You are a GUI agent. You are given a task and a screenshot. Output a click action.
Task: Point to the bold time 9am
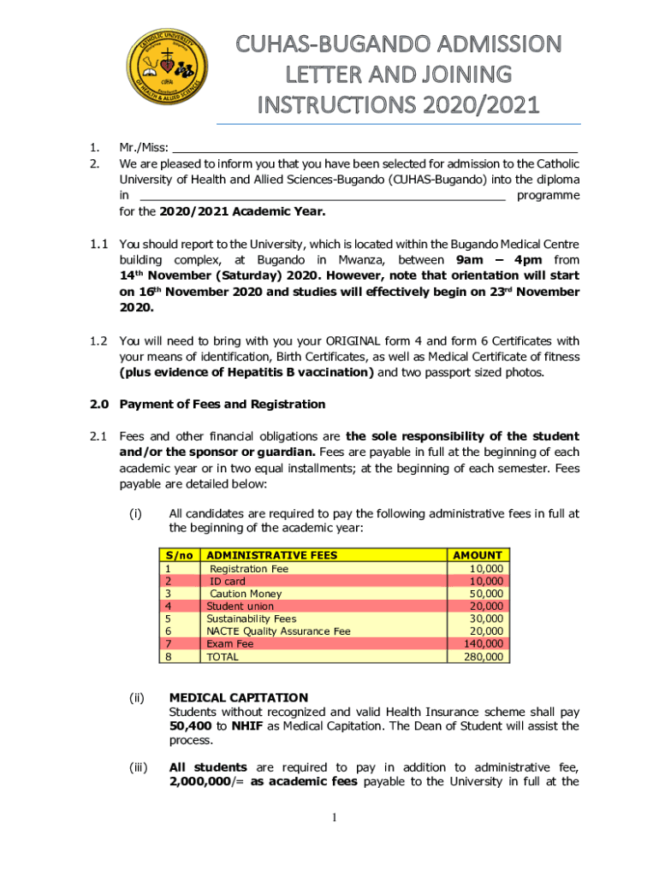coord(472,259)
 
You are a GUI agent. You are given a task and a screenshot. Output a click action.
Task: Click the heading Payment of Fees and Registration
coord(222,404)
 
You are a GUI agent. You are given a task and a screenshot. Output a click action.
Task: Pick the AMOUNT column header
coord(478,555)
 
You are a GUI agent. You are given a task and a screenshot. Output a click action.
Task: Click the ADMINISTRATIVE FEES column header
coord(272,555)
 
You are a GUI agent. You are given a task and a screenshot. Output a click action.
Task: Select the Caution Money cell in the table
coord(246,594)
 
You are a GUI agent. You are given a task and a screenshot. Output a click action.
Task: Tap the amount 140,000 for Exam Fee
coord(484,644)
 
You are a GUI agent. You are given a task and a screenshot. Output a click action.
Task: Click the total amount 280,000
coord(484,657)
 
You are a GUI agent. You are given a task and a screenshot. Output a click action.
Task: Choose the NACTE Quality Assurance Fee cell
coord(278,631)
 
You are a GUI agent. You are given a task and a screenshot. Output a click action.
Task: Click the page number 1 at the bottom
coord(336,818)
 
